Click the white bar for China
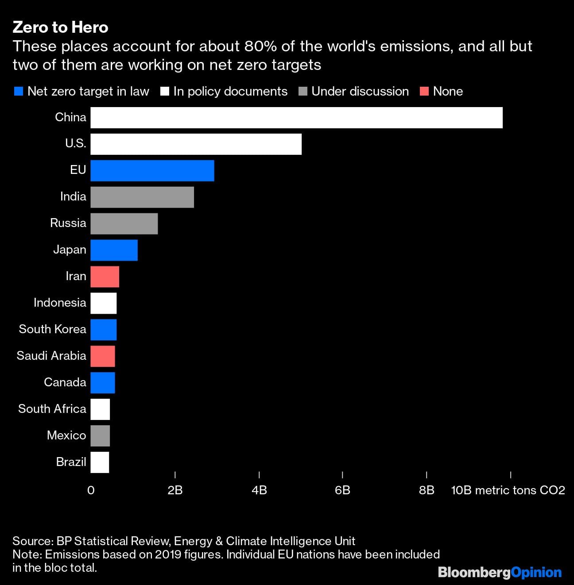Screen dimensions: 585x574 [296, 118]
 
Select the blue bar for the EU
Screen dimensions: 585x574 [152, 171]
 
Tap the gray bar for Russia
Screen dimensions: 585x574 [124, 223]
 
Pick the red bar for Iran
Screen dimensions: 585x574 [105, 277]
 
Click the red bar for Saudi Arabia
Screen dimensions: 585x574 [103, 356]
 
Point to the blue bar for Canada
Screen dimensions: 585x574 [103, 383]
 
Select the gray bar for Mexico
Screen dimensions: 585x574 [100, 436]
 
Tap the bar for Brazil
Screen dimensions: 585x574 [100, 462]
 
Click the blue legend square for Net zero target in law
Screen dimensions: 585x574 [19, 92]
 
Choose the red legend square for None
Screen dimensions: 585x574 [424, 92]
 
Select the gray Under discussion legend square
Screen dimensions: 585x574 [303, 92]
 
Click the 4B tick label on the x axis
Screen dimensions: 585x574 [259, 490]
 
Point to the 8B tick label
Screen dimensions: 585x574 [427, 490]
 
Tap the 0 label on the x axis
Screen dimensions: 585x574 [91, 490]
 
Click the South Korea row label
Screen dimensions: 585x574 [52, 329]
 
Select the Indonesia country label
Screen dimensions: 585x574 [60, 303]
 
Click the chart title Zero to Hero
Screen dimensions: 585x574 [60, 27]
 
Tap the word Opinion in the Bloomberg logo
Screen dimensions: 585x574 [536, 573]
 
